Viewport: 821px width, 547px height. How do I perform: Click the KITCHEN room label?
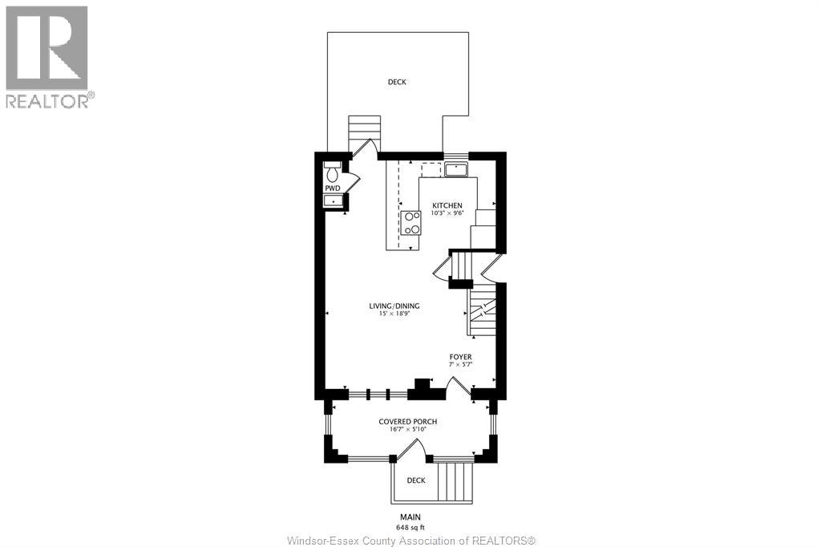(x=447, y=205)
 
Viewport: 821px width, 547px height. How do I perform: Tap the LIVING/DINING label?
(x=394, y=306)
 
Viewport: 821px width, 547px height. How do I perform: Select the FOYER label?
(x=460, y=357)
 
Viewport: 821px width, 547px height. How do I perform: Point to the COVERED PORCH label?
(x=408, y=421)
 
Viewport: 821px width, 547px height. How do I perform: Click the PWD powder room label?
(x=333, y=188)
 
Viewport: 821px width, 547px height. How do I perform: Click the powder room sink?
(x=333, y=201)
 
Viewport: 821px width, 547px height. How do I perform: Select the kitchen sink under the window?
(x=457, y=170)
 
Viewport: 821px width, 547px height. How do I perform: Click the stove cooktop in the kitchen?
(x=410, y=223)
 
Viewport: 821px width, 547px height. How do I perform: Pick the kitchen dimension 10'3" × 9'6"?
(x=447, y=213)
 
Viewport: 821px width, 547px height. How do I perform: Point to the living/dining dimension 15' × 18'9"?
(x=394, y=314)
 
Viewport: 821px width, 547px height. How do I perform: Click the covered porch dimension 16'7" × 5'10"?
(x=408, y=429)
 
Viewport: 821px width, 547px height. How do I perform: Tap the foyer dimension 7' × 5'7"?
(x=460, y=364)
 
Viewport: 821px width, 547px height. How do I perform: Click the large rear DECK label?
(x=397, y=82)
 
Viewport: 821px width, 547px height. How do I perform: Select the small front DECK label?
(x=416, y=480)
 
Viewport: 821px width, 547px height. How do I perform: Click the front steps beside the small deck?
(x=455, y=481)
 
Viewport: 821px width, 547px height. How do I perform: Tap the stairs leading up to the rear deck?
(x=365, y=134)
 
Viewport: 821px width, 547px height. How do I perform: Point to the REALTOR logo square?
(x=47, y=48)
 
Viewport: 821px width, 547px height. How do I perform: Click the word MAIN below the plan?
(x=410, y=517)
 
